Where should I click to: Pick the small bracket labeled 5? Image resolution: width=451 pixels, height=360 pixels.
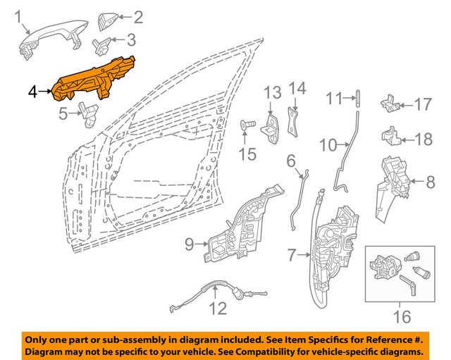tap(89, 111)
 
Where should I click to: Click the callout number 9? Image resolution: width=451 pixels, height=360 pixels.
tap(189, 244)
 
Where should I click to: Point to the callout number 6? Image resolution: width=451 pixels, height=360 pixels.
tap(290, 162)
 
